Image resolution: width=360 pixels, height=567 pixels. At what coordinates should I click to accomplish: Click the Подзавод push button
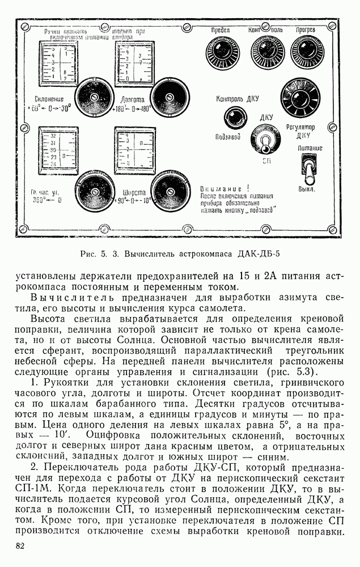tap(234, 119)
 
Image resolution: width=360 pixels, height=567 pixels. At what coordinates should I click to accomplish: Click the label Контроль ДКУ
tap(237, 99)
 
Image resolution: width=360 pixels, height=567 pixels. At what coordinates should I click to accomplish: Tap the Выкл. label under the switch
tap(307, 188)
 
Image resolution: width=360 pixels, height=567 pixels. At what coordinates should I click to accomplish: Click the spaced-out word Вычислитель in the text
tap(66, 297)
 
